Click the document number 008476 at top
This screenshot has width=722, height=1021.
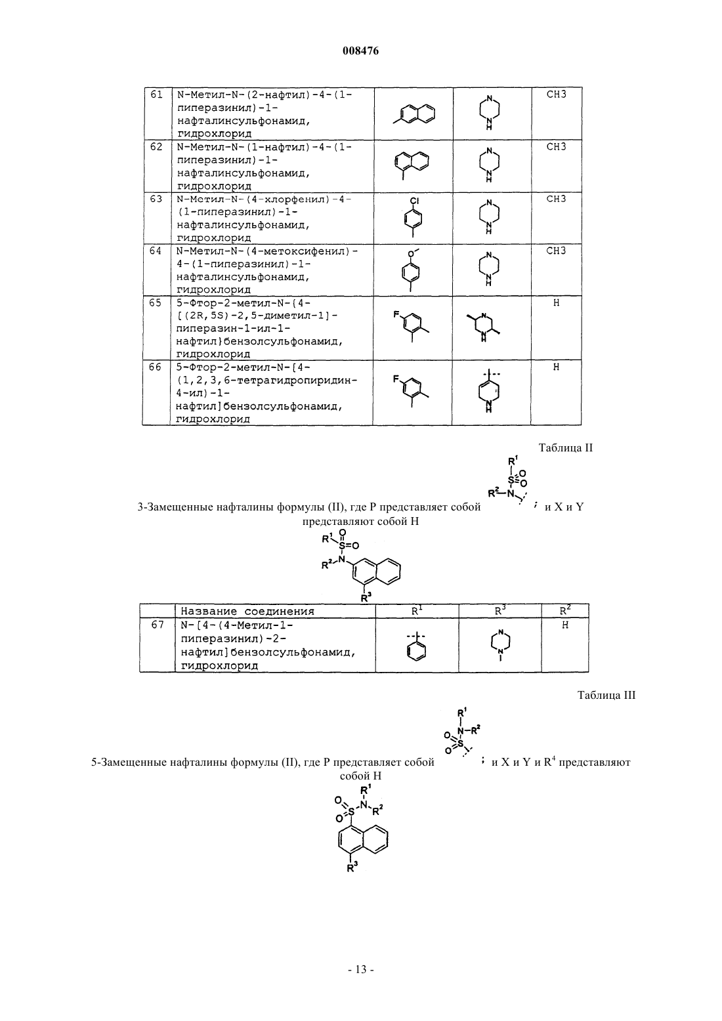[x=360, y=51]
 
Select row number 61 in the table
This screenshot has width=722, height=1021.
[x=156, y=94]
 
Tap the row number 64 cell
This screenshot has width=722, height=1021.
[x=156, y=251]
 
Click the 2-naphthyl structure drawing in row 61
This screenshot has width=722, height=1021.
[x=414, y=114]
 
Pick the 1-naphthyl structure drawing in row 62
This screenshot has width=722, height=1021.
[x=411, y=165]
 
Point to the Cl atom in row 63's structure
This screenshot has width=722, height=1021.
[x=414, y=201]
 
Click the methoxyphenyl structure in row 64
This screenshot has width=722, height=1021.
[x=411, y=271]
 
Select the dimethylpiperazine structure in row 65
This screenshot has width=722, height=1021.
[x=484, y=327]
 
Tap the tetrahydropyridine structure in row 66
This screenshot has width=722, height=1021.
[x=488, y=390]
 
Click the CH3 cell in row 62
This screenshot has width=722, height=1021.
[x=556, y=147]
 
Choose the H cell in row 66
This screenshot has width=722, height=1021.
[x=556, y=367]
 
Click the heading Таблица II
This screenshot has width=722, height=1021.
[x=566, y=448]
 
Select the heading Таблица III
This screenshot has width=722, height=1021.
[x=606, y=695]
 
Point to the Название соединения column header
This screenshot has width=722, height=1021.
[x=247, y=612]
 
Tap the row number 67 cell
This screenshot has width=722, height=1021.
[x=158, y=625]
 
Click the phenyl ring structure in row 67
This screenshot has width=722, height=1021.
[x=416, y=646]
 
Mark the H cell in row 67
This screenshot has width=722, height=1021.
[x=565, y=625]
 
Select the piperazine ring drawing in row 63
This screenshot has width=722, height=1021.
[x=488, y=217]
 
